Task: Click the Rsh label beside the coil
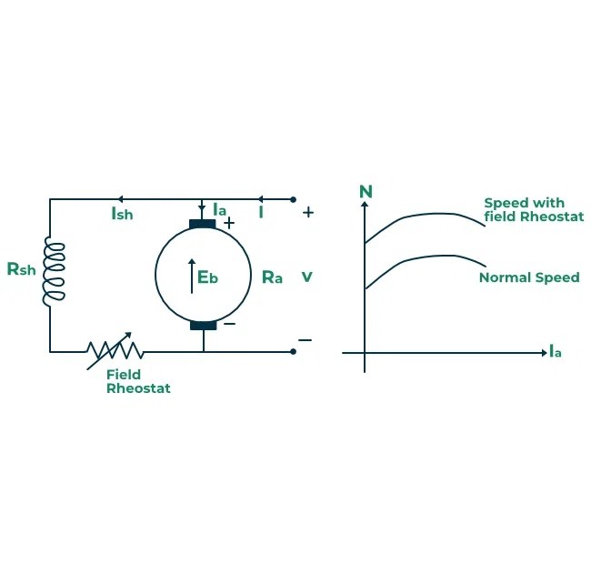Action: [x=21, y=270]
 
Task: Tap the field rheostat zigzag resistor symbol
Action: [x=115, y=349]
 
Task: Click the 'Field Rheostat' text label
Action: [x=137, y=381]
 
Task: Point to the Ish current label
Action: [x=122, y=215]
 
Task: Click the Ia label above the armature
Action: [x=219, y=210]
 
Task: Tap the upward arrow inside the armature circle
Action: [x=192, y=276]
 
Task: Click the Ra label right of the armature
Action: [x=272, y=277]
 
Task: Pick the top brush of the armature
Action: [x=203, y=225]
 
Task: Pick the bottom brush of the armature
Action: [x=203, y=325]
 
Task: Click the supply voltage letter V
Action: [x=306, y=276]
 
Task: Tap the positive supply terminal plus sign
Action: [x=308, y=212]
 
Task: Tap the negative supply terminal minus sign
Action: [x=305, y=340]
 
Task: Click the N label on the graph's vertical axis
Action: [x=366, y=191]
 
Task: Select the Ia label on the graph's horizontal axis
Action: [x=555, y=351]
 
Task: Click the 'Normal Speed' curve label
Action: [x=528, y=277]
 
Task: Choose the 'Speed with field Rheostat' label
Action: [x=533, y=209]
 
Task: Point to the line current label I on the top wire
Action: [x=261, y=213]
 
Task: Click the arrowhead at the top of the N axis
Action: [x=365, y=205]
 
